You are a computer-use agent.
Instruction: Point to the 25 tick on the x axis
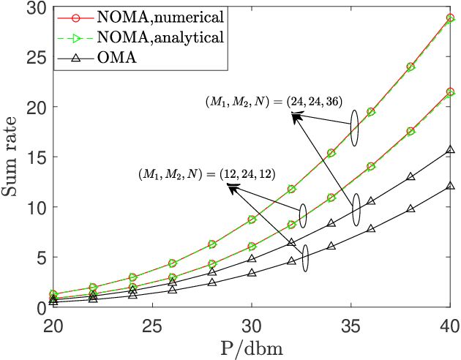(152, 323)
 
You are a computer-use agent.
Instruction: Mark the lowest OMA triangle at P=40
(450, 186)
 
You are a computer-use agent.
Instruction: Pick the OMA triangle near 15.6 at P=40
(450, 150)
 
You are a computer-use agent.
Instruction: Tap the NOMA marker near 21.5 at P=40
(450, 92)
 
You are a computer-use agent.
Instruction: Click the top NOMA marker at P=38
(411, 67)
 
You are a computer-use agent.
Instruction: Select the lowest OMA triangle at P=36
(371, 229)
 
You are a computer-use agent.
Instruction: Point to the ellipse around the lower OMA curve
(304, 258)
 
